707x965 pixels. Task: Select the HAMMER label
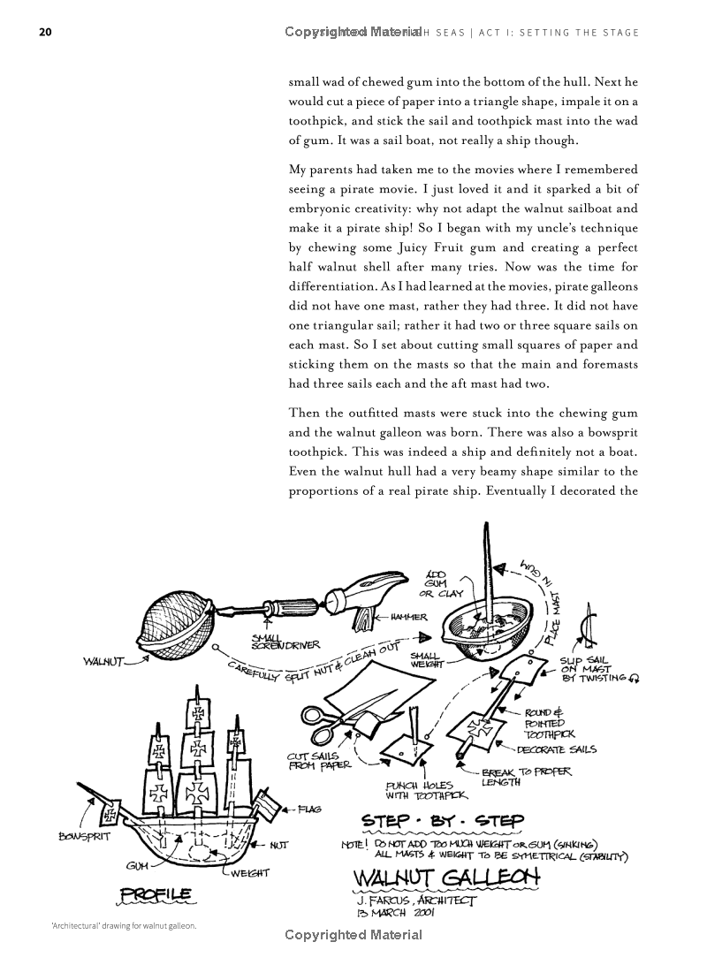(406, 617)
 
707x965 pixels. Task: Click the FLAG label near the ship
(309, 809)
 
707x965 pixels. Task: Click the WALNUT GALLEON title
(446, 882)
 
